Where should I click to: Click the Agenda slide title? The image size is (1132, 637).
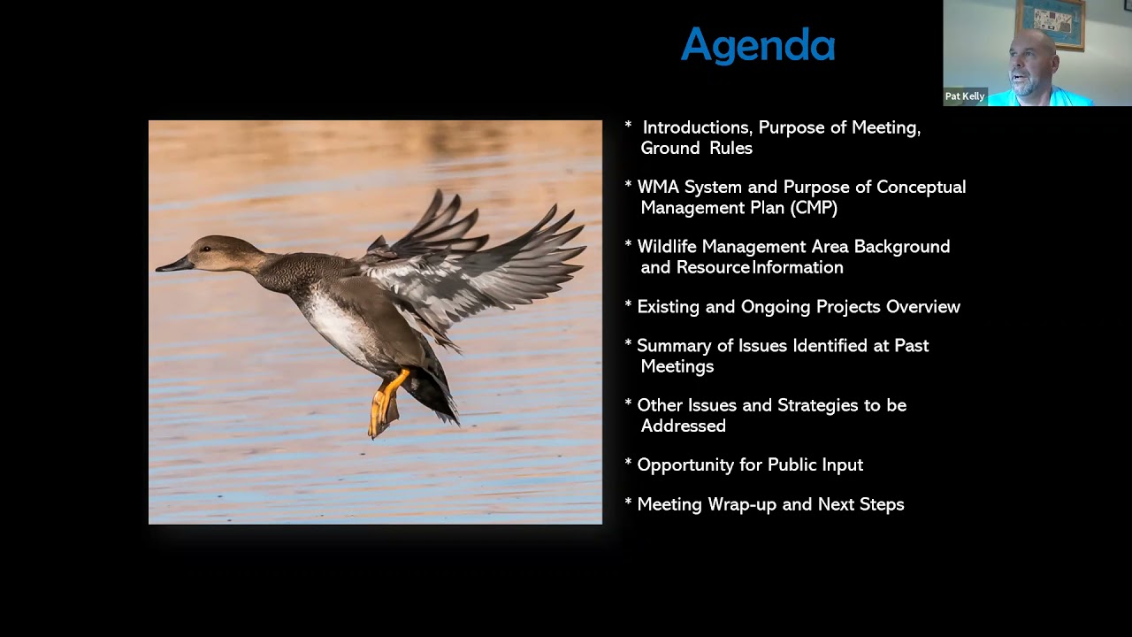[x=758, y=45]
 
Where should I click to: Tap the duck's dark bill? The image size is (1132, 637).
[x=174, y=264]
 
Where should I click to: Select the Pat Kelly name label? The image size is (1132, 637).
[x=964, y=96]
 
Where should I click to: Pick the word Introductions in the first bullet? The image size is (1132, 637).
[x=696, y=128]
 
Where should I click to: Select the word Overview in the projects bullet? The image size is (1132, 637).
[x=922, y=307]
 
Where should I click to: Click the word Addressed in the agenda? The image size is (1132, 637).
[x=683, y=426]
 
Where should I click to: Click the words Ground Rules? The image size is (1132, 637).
[x=696, y=149]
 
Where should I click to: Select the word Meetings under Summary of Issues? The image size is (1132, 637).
[x=677, y=366]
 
